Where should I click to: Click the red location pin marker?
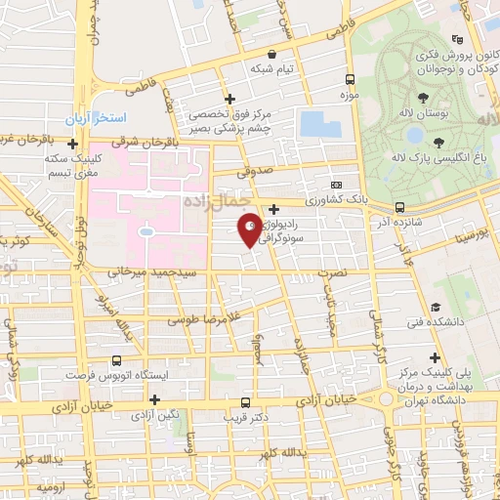tap(250, 229)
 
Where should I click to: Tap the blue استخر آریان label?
tap(96, 117)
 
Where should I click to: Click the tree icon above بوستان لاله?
tap(423, 98)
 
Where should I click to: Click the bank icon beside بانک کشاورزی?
tap(337, 185)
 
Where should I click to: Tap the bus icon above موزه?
tap(351, 79)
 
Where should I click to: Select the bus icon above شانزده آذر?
tap(399, 207)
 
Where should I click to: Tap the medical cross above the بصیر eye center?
tap(230, 99)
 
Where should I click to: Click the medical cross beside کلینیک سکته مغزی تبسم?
tap(72, 145)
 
